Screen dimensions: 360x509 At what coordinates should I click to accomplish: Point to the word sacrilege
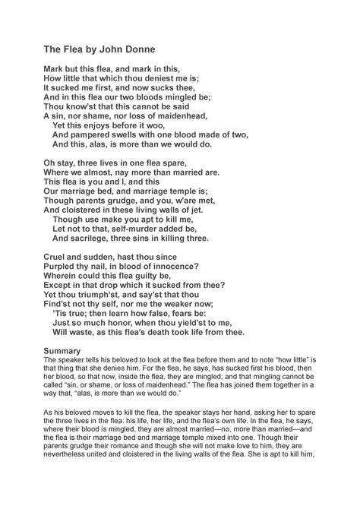[x=93, y=239]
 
